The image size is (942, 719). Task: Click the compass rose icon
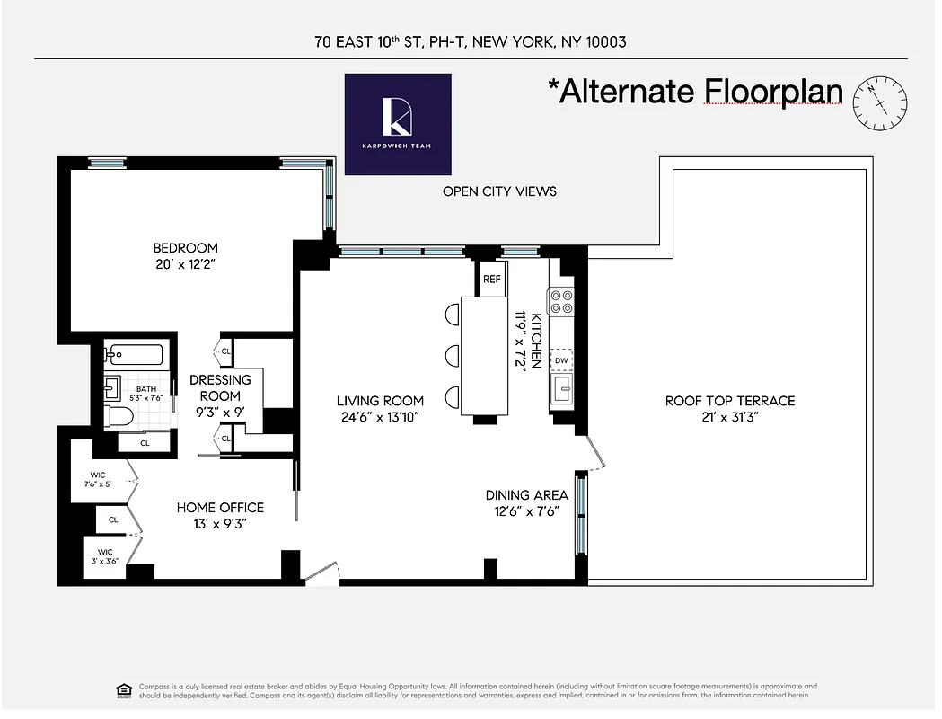879,100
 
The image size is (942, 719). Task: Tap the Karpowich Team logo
398,124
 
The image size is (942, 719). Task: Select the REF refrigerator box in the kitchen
492,279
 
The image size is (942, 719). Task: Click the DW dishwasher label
561,360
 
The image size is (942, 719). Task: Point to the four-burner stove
561,301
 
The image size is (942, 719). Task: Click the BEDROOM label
185,248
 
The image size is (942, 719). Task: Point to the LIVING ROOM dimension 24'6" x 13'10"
380,416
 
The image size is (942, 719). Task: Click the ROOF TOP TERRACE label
729,401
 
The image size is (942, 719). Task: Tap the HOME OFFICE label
220,508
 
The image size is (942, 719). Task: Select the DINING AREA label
526,495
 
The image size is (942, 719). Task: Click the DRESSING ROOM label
220,387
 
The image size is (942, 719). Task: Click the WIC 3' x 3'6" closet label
105,557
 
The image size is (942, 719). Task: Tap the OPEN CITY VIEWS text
499,191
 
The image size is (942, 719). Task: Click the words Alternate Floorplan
700,92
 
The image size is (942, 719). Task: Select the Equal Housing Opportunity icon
124,690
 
